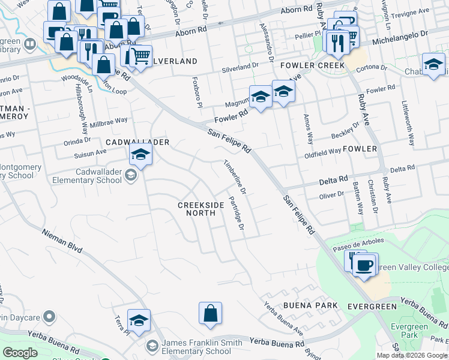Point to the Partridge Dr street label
[x=236, y=214]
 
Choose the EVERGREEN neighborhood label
[x=372, y=307]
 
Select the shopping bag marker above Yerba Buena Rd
[x=210, y=313]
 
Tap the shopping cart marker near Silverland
[x=140, y=57]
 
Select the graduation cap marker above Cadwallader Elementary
[x=140, y=155]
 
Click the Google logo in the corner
[x=20, y=353]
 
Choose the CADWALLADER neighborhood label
[x=137, y=142]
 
